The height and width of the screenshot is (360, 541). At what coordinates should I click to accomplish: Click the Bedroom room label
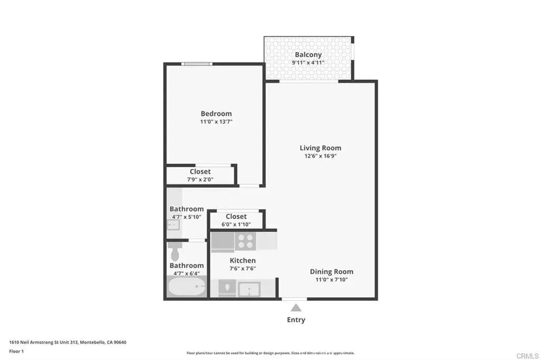pyautogui.click(x=216, y=113)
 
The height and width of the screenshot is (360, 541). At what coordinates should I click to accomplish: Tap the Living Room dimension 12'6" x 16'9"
pyautogui.click(x=321, y=156)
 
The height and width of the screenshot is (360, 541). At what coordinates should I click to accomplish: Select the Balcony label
pyautogui.click(x=308, y=54)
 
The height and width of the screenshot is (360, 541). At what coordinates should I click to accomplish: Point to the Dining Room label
pyautogui.click(x=332, y=272)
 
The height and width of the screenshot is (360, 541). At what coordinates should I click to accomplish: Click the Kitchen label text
pyautogui.click(x=243, y=261)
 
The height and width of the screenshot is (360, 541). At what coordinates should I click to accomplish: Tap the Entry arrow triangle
pyautogui.click(x=296, y=308)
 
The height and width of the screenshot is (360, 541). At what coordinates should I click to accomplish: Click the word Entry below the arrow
pyautogui.click(x=296, y=320)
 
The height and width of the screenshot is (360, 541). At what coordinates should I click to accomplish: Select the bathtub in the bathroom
pyautogui.click(x=186, y=286)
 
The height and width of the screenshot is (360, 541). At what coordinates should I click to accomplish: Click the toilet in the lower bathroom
pyautogui.click(x=175, y=252)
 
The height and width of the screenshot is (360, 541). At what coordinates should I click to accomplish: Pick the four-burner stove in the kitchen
pyautogui.click(x=245, y=241)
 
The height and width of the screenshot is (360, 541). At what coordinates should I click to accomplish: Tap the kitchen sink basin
pyautogui.click(x=249, y=289)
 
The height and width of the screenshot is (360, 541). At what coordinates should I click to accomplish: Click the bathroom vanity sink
pyautogui.click(x=173, y=225)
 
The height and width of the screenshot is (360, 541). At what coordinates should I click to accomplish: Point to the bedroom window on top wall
pyautogui.click(x=197, y=64)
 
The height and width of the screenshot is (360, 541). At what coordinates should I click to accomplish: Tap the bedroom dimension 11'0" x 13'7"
pyautogui.click(x=216, y=122)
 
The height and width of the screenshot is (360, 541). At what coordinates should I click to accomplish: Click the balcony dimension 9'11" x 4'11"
pyautogui.click(x=308, y=63)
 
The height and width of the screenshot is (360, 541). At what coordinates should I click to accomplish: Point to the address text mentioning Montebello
pyautogui.click(x=68, y=343)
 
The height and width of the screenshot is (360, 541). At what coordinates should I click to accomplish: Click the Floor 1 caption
pyautogui.click(x=16, y=352)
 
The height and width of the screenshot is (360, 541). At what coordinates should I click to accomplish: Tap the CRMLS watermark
pyautogui.click(x=528, y=356)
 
